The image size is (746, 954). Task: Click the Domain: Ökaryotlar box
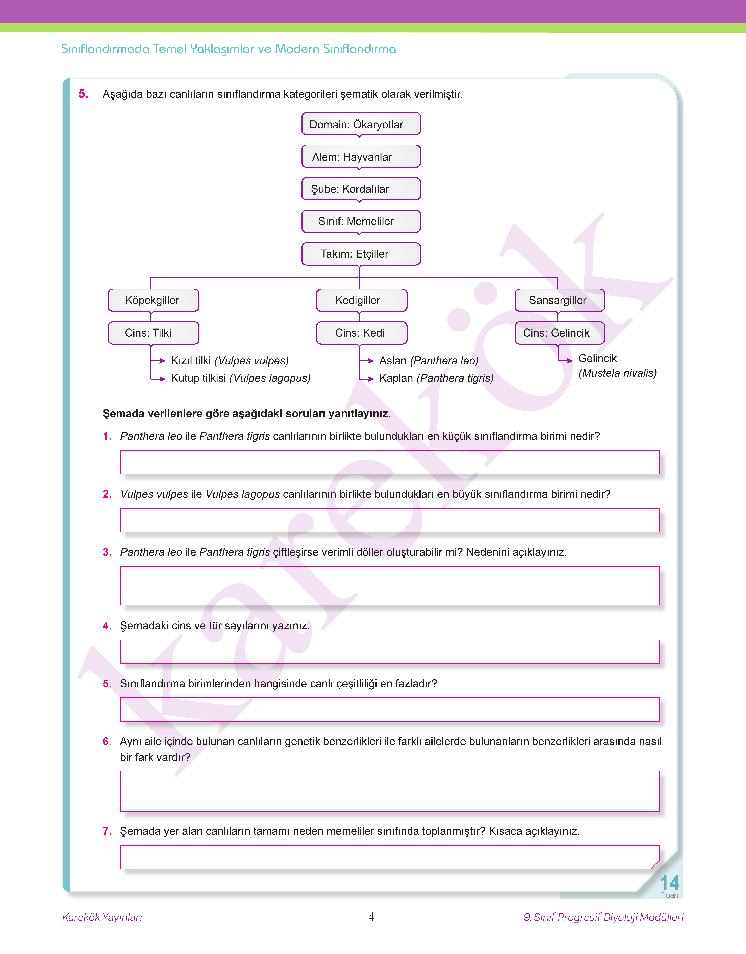tap(361, 124)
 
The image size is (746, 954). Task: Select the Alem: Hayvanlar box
tap(361, 156)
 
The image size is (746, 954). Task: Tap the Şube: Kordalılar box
tap(361, 189)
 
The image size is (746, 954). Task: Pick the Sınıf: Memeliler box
tap(361, 221)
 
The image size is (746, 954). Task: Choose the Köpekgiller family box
tap(153, 300)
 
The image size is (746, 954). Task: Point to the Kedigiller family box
tap(361, 300)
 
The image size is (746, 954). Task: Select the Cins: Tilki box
tap(153, 333)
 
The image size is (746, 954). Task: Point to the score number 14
tap(669, 883)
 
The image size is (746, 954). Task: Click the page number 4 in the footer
tap(371, 916)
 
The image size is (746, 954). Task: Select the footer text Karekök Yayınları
tap(102, 917)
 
